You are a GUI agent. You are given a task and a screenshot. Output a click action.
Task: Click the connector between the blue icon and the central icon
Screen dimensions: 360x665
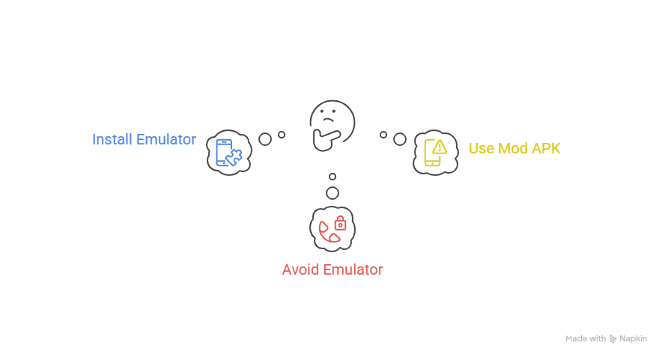point(271,137)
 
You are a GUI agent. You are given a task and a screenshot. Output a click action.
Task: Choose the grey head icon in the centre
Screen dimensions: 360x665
point(332,123)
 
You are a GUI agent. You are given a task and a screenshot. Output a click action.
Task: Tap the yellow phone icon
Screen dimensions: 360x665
point(435,152)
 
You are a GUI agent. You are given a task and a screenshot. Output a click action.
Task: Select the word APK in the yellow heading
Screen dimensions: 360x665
point(547,147)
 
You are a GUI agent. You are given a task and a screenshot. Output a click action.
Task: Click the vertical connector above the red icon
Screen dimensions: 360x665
point(332,185)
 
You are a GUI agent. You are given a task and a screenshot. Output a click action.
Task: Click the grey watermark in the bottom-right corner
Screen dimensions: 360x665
point(604,338)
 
